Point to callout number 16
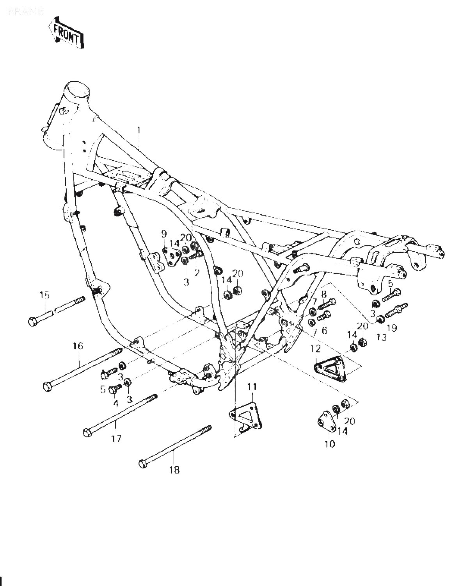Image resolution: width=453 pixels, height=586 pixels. pyautogui.click(x=78, y=346)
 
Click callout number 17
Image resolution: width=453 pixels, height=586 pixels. pyautogui.click(x=116, y=438)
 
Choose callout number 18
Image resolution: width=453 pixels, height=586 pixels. pyautogui.click(x=174, y=470)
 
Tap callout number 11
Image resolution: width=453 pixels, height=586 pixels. pyautogui.click(x=252, y=387)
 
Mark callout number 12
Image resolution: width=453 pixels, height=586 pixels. pyautogui.click(x=315, y=348)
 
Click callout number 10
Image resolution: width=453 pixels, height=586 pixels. pyautogui.click(x=329, y=444)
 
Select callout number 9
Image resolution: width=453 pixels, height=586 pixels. pyautogui.click(x=164, y=234)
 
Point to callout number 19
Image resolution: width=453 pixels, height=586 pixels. pyautogui.click(x=391, y=328)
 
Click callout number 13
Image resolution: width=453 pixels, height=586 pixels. pyautogui.click(x=381, y=336)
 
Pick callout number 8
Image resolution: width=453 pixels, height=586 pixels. pyautogui.click(x=323, y=294)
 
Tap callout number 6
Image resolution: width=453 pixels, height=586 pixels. pyautogui.click(x=323, y=330)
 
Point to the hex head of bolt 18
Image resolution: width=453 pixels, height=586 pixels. pyautogui.click(x=143, y=464)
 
